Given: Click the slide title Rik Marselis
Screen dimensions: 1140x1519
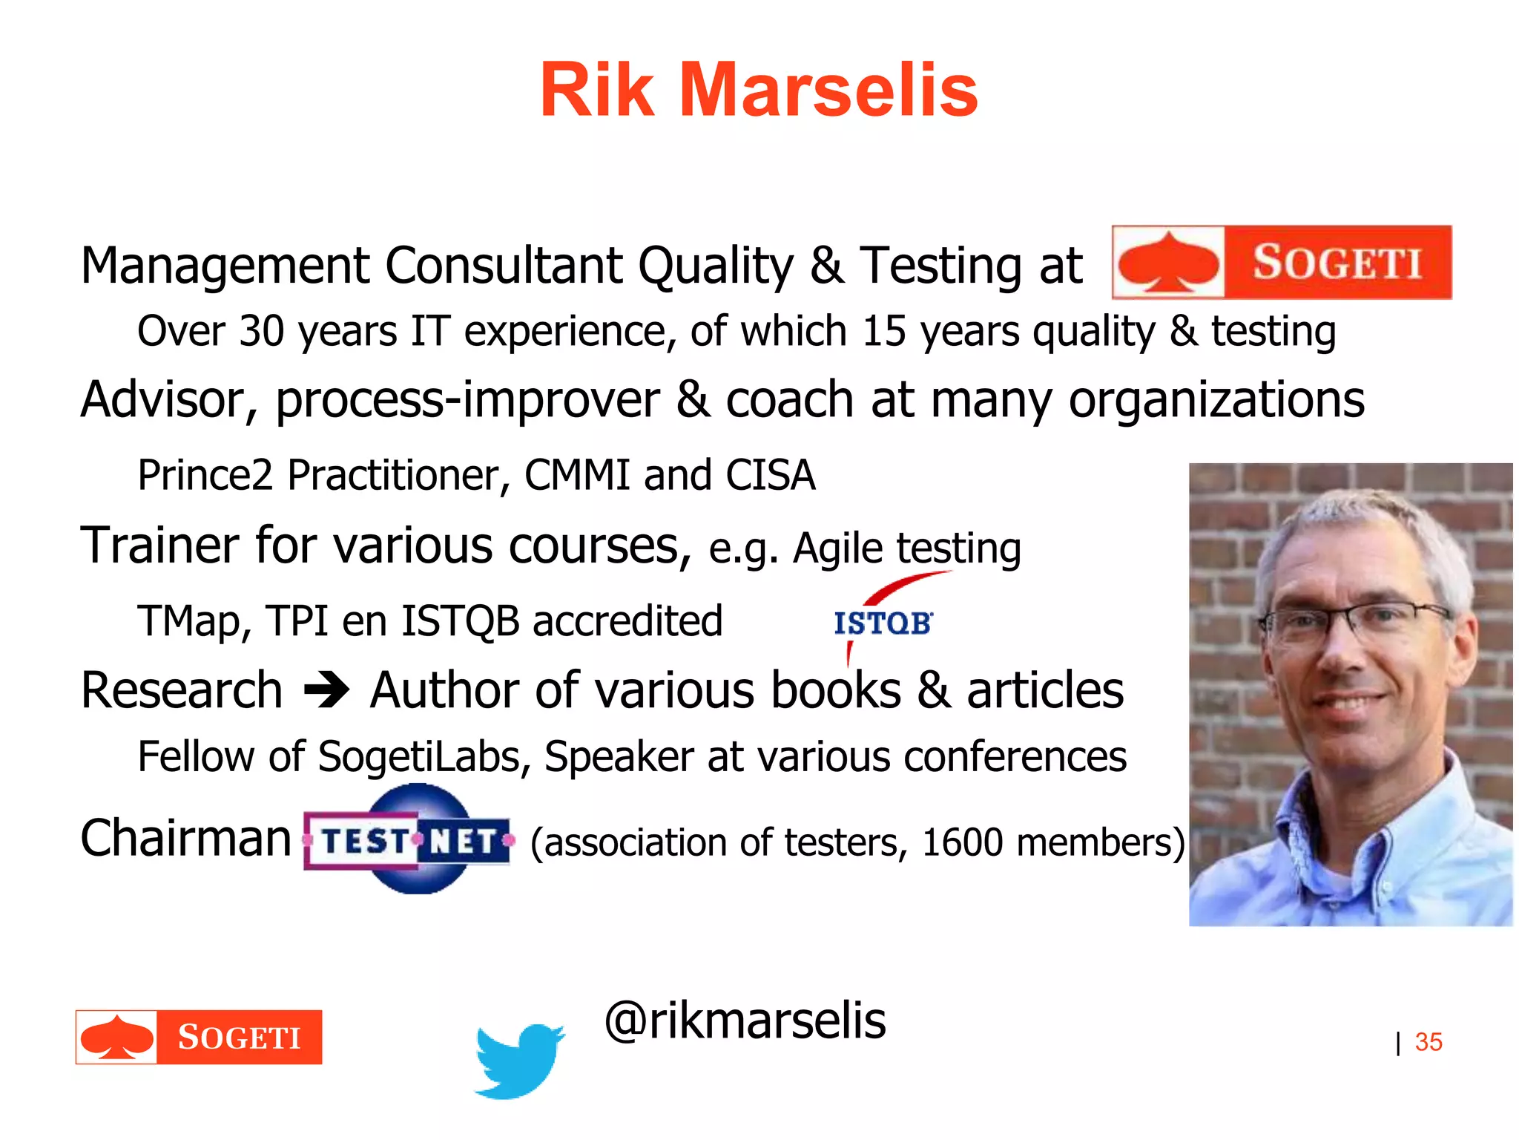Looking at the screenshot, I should pos(759,91).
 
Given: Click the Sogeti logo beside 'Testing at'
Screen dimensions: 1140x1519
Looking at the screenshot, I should pos(1282,263).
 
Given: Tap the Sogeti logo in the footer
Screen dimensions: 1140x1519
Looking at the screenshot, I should pos(199,1037).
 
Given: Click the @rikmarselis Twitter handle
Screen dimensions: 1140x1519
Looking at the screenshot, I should pos(745,1021).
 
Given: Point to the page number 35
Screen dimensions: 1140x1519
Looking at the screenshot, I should pos(1428,1042).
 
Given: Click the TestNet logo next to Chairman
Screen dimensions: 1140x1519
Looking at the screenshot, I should pos(409,839).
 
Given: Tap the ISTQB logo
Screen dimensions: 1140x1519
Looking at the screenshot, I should pos(883,622).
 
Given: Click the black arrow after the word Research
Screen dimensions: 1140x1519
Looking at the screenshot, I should pos(326,690).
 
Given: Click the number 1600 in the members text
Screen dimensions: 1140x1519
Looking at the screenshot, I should pos(962,842).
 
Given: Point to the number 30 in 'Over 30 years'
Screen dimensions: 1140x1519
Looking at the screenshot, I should pos(262,331).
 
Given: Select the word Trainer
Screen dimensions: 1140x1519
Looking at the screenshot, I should pos(160,546).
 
